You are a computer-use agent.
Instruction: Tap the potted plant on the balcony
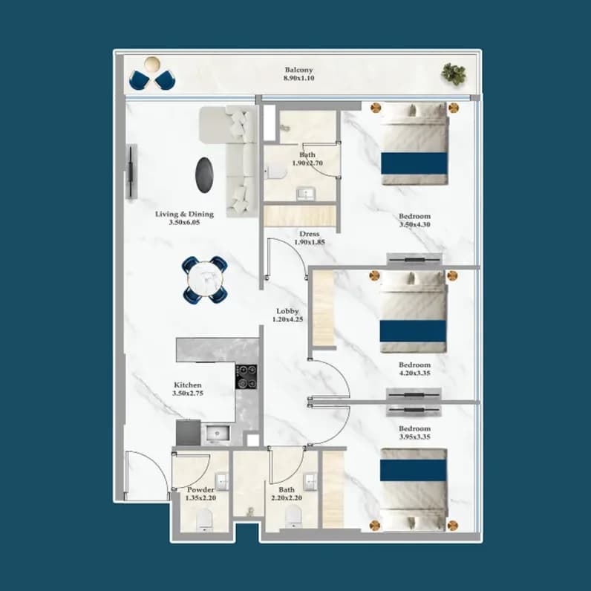tap(454, 74)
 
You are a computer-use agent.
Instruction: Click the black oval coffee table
tap(204, 175)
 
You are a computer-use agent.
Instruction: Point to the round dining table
tap(205, 279)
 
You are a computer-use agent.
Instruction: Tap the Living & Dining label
tap(184, 214)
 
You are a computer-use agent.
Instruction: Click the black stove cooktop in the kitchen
tap(246, 376)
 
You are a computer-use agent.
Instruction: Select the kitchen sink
tap(218, 433)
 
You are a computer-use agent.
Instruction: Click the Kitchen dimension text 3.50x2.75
tap(188, 393)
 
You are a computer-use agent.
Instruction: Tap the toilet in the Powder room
tap(205, 520)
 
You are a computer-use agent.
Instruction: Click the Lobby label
tap(287, 311)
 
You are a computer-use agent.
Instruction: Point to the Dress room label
tap(309, 234)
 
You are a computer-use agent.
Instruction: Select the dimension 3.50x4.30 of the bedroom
tap(414, 225)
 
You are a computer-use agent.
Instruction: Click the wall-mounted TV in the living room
tap(131, 172)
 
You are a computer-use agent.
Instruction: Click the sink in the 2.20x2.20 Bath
tap(310, 482)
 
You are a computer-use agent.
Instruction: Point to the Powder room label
tap(200, 489)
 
